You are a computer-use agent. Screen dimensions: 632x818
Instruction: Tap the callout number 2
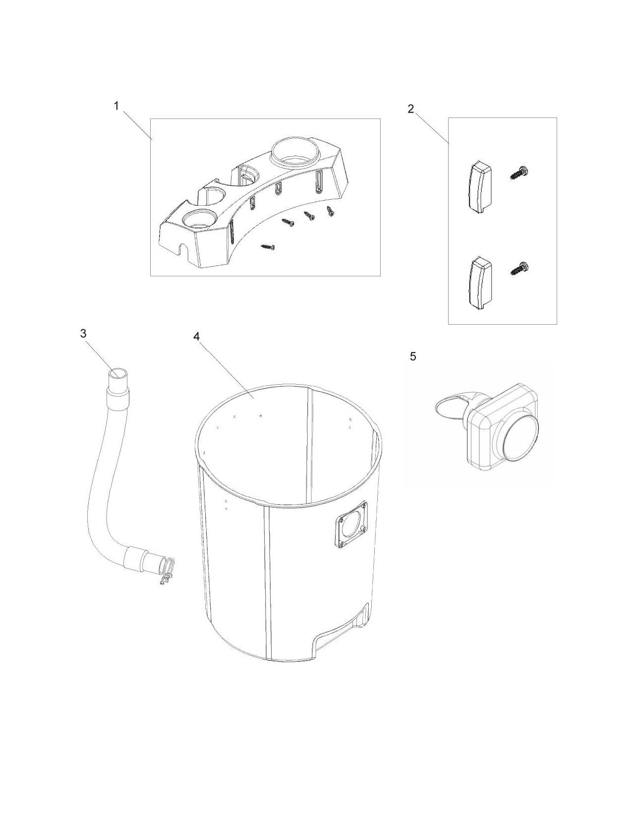tap(410, 109)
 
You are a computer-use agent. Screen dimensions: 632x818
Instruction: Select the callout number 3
tap(84, 334)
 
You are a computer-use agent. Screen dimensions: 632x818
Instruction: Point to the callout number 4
tap(196, 337)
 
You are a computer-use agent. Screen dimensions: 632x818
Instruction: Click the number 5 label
tap(413, 357)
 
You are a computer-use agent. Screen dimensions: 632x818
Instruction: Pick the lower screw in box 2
tap(519, 268)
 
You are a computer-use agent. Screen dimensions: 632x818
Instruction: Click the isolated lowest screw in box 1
tap(268, 247)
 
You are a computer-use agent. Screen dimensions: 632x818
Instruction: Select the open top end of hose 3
tap(118, 375)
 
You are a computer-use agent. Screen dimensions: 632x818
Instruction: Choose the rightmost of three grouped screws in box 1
tap(331, 211)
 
